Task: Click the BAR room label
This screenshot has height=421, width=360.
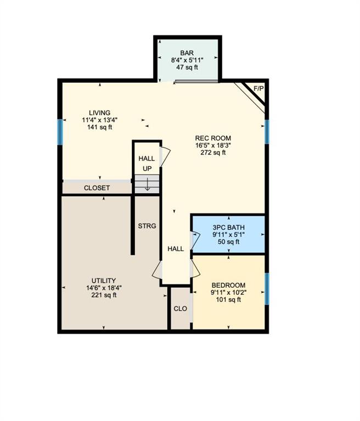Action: [187, 53]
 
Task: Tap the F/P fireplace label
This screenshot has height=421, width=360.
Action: [258, 88]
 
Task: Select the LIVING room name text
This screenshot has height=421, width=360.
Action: [100, 113]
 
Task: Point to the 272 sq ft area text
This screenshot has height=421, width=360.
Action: [213, 152]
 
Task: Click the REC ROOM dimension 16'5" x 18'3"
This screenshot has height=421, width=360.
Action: [213, 145]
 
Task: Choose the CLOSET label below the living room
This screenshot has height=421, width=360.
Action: [97, 188]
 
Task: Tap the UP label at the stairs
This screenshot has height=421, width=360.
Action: [147, 169]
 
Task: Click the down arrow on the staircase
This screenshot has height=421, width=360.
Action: [147, 184]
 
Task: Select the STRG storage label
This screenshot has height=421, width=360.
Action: [147, 226]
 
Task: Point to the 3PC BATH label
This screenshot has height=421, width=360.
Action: [228, 227]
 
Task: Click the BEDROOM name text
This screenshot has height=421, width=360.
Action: [228, 285]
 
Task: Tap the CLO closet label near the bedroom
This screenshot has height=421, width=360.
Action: [180, 309]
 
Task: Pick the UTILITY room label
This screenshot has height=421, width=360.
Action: [104, 281]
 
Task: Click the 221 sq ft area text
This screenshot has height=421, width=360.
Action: [104, 295]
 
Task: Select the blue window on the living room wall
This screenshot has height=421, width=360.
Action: [60, 132]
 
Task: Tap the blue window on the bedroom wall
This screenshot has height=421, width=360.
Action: [267, 289]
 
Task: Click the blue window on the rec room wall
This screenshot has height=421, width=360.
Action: [267, 132]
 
